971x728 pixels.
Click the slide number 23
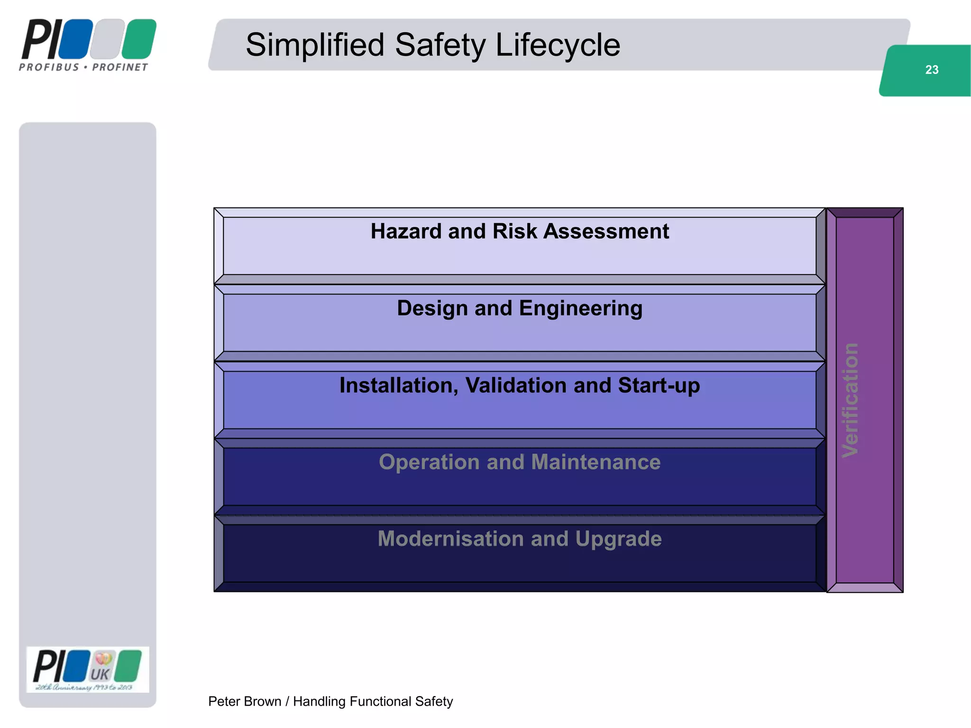tap(931, 70)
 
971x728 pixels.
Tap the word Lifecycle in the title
tap(558, 45)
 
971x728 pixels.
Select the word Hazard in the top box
tap(406, 232)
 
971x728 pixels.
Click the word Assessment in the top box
tap(606, 232)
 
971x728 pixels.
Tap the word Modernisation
tap(450, 539)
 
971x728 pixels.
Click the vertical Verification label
tap(850, 400)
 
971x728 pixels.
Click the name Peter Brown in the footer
tap(244, 701)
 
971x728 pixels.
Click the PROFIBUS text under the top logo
tap(49, 67)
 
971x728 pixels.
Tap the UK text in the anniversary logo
tap(100, 674)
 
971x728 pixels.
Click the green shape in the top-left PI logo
tap(138, 38)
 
